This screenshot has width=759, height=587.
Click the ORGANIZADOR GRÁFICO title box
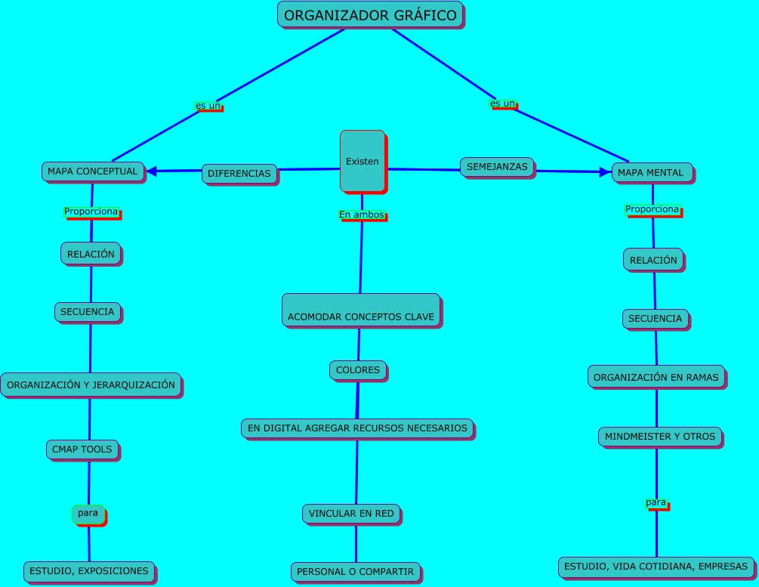(x=370, y=15)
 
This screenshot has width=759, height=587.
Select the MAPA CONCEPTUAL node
(x=92, y=171)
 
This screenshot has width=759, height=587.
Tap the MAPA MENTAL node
(x=650, y=173)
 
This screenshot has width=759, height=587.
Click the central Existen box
(x=362, y=161)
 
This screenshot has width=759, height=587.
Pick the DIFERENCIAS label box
(x=239, y=174)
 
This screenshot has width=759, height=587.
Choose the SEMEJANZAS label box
(x=497, y=167)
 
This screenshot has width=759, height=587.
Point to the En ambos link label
(x=362, y=215)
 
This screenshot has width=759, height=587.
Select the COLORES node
(x=358, y=370)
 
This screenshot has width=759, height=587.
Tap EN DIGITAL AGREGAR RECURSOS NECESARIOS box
(x=357, y=428)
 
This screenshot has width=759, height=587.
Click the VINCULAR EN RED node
(x=351, y=514)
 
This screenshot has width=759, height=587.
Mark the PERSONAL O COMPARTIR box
(x=355, y=572)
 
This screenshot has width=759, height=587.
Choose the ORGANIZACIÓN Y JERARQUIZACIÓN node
(x=91, y=385)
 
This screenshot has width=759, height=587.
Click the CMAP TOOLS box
(x=82, y=450)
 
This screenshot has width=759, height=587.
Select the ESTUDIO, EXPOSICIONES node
(x=89, y=570)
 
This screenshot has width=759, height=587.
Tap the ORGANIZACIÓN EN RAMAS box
(x=656, y=377)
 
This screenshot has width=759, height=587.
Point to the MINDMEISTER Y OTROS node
(x=659, y=436)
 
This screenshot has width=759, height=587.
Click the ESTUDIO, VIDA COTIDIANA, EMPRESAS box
(x=656, y=566)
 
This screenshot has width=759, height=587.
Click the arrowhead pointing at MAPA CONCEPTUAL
(x=152, y=171)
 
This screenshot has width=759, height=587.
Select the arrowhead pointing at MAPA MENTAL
(x=603, y=172)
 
